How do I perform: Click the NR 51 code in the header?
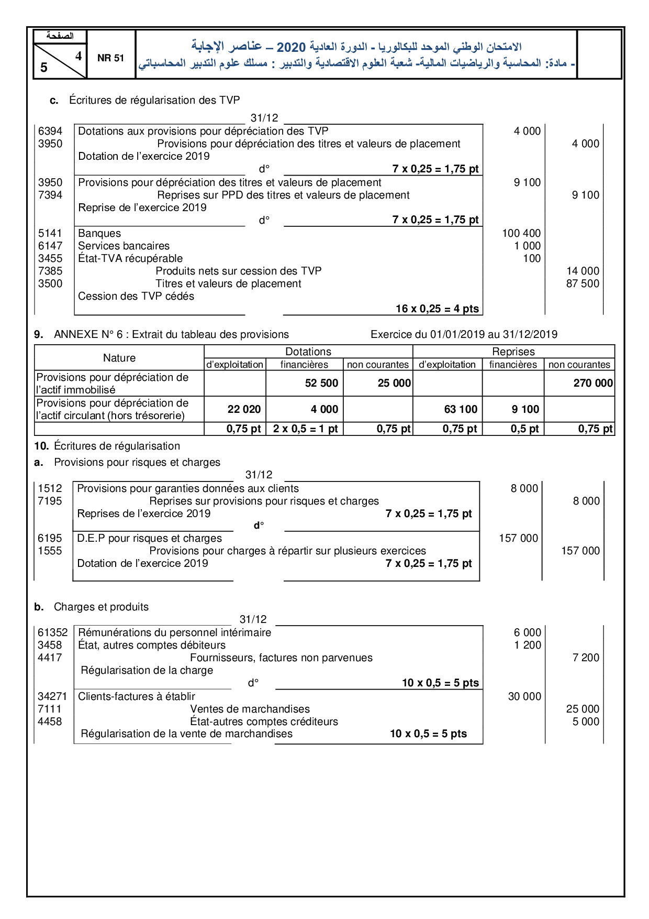coord(110,58)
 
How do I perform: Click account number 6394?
coord(50,131)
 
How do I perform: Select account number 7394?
coord(50,195)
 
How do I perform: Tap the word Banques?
coord(99,233)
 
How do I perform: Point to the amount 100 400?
coord(521,233)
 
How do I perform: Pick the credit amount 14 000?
coord(583,271)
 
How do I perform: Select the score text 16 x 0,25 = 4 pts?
coord(437,309)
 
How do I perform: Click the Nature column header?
coord(119,358)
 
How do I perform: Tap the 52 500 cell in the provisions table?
coord(321,383)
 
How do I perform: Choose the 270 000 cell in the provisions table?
coord(592,383)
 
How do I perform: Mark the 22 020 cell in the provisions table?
coord(244,409)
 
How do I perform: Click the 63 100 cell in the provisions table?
coord(461,409)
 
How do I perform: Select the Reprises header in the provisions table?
coord(513,352)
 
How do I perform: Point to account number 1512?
coord(50,488)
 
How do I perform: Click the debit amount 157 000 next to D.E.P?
coord(518,538)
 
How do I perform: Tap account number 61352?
coord(53,632)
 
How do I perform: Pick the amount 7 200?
coord(586,658)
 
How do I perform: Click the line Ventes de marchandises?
coord(250,709)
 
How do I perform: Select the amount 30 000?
coord(524,696)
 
